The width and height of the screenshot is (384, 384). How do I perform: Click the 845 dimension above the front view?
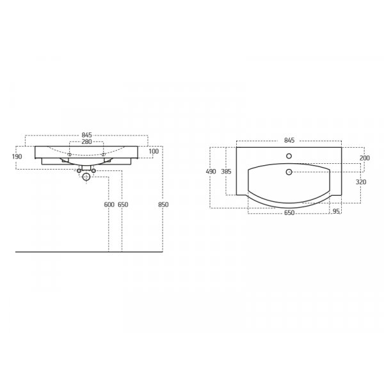click(86, 135)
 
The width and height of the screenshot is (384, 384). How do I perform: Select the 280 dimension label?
click(86, 141)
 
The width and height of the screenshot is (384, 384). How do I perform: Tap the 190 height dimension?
click(17, 156)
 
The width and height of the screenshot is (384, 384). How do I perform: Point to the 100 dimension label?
click(154, 151)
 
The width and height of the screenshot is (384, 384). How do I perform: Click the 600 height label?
click(109, 205)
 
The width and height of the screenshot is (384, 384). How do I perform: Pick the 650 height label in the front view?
click(123, 205)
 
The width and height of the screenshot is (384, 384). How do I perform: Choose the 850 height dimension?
click(163, 205)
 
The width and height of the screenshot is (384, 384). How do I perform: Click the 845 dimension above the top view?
click(289, 140)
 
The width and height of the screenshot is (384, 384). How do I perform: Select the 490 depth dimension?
click(211, 172)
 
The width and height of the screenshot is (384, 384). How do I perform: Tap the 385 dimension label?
click(226, 172)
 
